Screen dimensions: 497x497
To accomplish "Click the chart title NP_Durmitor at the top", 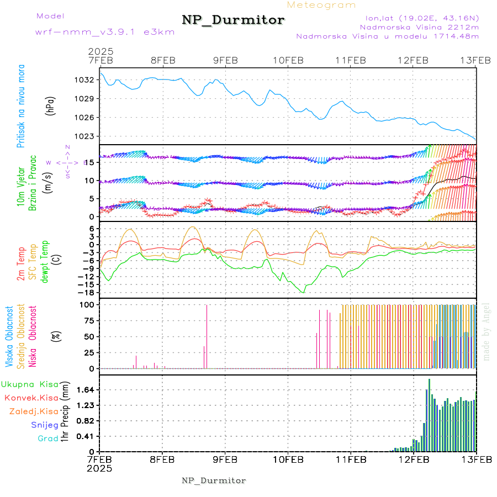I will pyautogui.click(x=233, y=20).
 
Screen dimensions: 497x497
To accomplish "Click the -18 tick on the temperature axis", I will pyautogui.click(x=87, y=292).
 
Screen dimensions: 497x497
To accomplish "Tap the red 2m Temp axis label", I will pyautogui.click(x=21, y=265).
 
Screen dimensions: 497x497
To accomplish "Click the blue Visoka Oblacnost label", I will pyautogui.click(x=10, y=336).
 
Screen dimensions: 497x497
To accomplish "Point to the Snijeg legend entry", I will pyautogui.click(x=45, y=425).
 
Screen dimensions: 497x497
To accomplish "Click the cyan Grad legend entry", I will pyautogui.click(x=48, y=438).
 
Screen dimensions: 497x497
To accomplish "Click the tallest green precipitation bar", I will pyautogui.click(x=429, y=414).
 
